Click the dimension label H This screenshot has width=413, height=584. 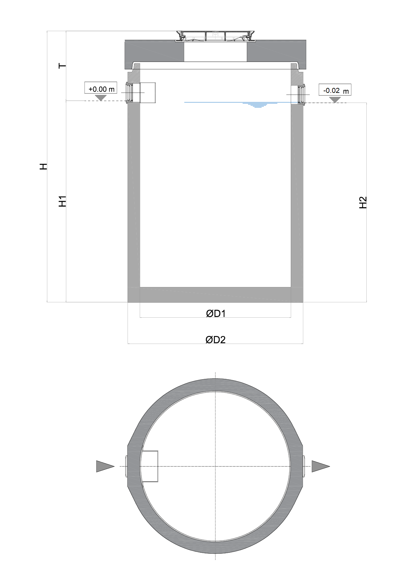coord(43,166)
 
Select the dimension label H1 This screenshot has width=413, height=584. coord(63,201)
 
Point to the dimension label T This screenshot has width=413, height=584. coord(62,66)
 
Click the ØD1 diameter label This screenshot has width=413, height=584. coord(216,313)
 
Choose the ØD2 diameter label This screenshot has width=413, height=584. coord(216,340)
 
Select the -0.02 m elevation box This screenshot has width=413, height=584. coord(335,90)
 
